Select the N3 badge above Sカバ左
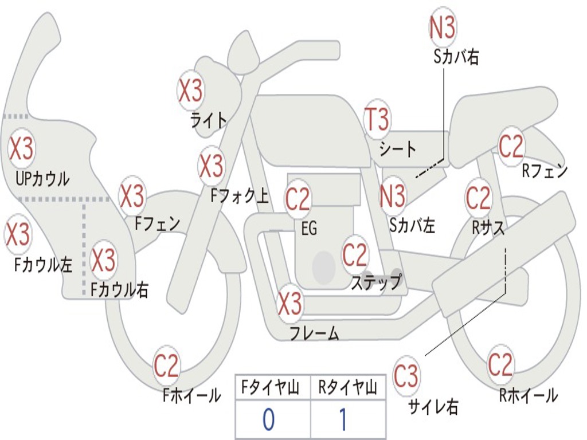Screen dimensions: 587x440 coord(393,195)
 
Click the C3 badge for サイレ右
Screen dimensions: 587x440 coord(406,376)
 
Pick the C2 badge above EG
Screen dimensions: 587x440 coord(298,199)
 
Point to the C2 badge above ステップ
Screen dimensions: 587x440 coord(355,254)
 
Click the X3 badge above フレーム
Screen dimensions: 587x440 coord(290,304)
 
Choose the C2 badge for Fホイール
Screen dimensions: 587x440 coord(167,366)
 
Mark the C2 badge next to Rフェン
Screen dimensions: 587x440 coord(511,147)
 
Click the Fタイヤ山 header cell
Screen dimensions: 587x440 coord(272,388)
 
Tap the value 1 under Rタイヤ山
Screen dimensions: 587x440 coord(343,419)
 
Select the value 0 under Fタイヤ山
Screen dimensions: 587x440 coord(268,419)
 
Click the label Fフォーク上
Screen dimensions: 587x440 coord(239,197)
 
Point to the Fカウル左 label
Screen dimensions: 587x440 coord(44,265)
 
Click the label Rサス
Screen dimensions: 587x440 coord(488,227)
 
